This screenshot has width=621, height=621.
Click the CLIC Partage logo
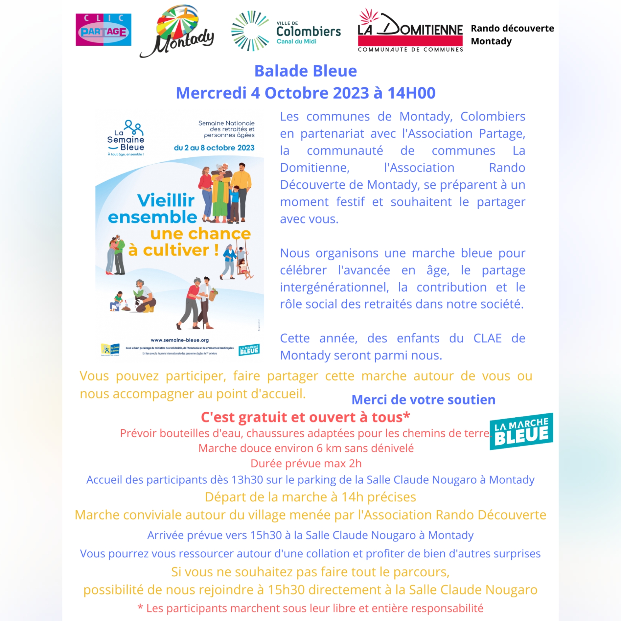(x=103, y=30)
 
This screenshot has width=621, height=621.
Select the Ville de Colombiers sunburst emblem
(x=250, y=31)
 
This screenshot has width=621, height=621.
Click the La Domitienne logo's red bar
(x=410, y=41)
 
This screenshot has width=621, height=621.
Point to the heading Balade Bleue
(x=306, y=71)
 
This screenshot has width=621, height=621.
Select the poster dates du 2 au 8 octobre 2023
(x=214, y=148)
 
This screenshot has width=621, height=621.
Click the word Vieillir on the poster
(x=166, y=200)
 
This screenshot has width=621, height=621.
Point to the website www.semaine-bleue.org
(x=180, y=340)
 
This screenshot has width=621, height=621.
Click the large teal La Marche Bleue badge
(x=521, y=431)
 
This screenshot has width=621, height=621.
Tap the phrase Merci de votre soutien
(x=423, y=400)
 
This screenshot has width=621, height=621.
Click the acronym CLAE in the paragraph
(x=487, y=338)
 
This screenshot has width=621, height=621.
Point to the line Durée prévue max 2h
(x=306, y=463)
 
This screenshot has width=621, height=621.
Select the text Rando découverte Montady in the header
(x=512, y=35)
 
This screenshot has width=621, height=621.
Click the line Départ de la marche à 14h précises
(x=310, y=497)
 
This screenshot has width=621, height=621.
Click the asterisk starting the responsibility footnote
(x=140, y=608)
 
